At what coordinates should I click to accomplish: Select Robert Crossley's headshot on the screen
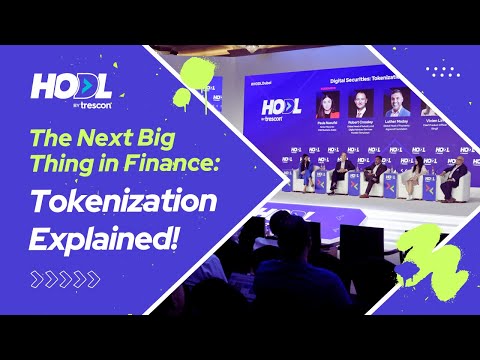(362, 103)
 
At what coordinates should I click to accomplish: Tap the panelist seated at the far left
(303, 173)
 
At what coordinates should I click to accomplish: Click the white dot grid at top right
(440, 73)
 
